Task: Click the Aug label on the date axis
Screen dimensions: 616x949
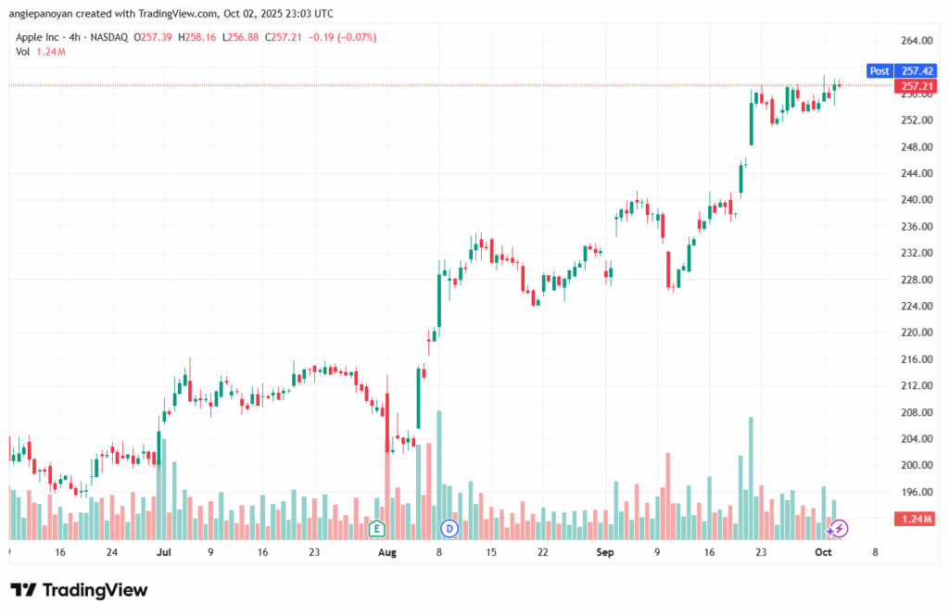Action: (x=386, y=552)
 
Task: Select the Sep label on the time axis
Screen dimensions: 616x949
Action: (x=605, y=552)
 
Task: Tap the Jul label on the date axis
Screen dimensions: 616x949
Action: (x=164, y=552)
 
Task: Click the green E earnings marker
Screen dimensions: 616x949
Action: (x=376, y=529)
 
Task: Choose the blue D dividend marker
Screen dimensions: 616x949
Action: (x=449, y=529)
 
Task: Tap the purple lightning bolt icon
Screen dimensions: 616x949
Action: (x=839, y=529)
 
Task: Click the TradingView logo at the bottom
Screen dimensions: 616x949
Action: (x=79, y=590)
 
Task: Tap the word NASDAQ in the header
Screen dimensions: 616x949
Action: (x=109, y=37)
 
